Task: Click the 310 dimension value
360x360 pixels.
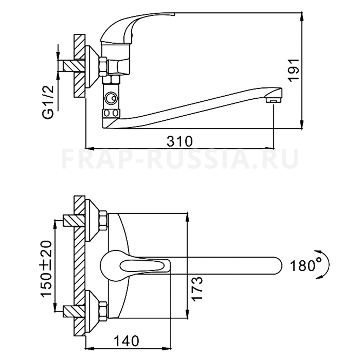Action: (179, 141)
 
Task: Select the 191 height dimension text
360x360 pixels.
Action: (294, 70)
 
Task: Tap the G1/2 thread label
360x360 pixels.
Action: (48, 102)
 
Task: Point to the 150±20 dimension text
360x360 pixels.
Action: (47, 269)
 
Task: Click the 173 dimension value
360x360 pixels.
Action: (197, 289)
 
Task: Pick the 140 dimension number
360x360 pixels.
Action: (127, 341)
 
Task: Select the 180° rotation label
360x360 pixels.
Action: (306, 266)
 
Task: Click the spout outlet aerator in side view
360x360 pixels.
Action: (274, 100)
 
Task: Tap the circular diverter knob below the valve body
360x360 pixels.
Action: (111, 99)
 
